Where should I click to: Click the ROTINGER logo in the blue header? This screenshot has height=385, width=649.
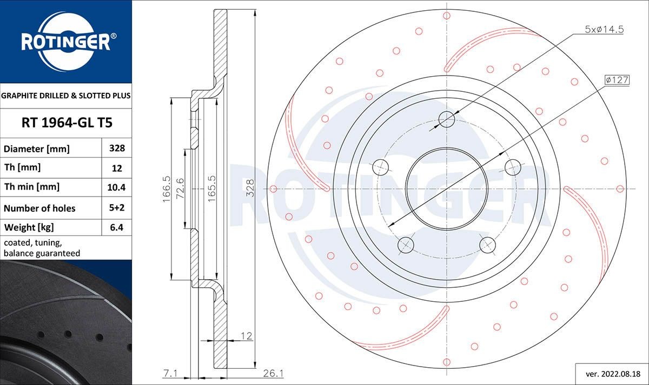coord(65,41)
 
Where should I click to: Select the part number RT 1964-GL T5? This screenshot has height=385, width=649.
coord(67,123)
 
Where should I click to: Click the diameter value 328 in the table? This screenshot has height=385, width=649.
coord(117,148)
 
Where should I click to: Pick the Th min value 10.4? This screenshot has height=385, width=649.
coord(117,187)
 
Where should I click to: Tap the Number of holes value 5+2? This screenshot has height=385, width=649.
coord(117,208)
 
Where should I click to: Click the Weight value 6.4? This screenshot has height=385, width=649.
coord(117,227)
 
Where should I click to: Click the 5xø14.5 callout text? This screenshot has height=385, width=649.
coord(604,30)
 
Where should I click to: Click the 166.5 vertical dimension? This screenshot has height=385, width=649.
coord(167,189)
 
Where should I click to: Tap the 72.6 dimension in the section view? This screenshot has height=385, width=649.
coord(181,189)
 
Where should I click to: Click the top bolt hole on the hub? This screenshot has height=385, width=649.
coord(447,119)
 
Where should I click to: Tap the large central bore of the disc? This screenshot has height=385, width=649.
coord(447,189)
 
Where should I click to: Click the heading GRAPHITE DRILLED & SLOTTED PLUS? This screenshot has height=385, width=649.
coord(66,96)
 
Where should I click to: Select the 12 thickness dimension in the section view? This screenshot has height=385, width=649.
coord(246,336)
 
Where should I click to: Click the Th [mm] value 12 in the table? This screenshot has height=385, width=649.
coord(117,168)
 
